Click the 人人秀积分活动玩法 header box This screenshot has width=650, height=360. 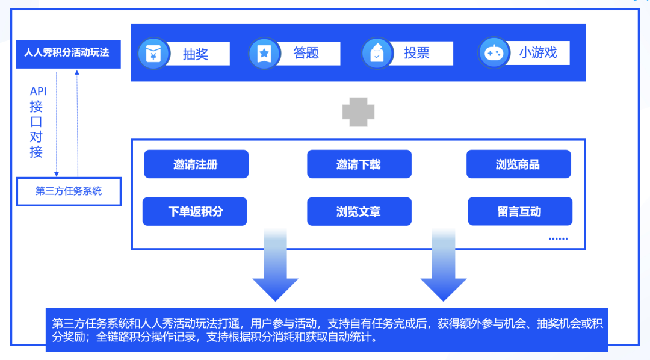point(69,54)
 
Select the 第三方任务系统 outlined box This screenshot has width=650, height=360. point(69,191)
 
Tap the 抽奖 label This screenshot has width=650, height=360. point(195,54)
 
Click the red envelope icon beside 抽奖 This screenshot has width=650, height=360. point(153,54)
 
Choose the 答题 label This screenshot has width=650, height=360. point(306,53)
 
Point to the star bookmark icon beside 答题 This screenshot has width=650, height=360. point(264,54)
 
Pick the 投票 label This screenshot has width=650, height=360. point(416,53)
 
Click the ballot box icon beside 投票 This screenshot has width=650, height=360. point(377,53)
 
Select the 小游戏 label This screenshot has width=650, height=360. point(537,52)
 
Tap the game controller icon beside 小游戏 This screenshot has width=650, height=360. point(494,53)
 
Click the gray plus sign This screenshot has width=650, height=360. point(358,112)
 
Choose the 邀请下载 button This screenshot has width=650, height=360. point(359,164)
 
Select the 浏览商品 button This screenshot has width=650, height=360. point(519,164)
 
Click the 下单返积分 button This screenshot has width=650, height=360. point(195,211)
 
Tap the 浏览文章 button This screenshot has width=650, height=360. point(359,211)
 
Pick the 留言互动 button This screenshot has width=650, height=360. point(520,211)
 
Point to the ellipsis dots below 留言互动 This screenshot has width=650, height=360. point(558,239)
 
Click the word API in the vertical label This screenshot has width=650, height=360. point(38,92)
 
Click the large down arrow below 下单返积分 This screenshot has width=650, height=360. point(275,264)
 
